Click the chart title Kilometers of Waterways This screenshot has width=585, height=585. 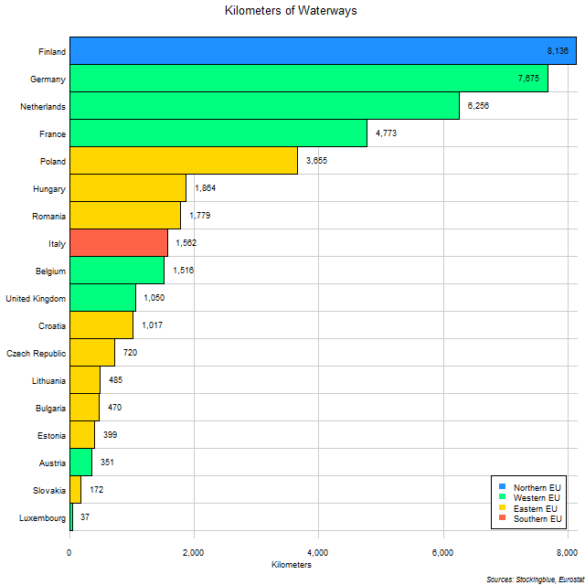292,11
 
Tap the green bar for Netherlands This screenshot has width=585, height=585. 264,106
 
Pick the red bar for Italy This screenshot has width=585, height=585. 119,243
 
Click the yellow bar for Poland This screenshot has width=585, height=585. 183,161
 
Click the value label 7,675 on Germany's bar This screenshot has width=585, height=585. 528,79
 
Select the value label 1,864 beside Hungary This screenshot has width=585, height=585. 206,188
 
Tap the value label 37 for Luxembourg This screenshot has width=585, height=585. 84,517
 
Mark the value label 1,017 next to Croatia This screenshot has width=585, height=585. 153,325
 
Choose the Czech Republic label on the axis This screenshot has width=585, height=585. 36,353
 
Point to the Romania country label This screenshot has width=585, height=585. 48,216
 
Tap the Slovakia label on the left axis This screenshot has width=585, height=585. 48,490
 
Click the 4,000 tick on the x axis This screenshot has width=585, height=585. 318,552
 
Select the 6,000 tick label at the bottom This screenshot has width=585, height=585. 442,552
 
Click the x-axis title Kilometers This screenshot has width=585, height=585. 292,566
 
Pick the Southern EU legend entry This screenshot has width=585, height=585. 537,519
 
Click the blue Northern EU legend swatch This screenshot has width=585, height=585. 502,486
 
